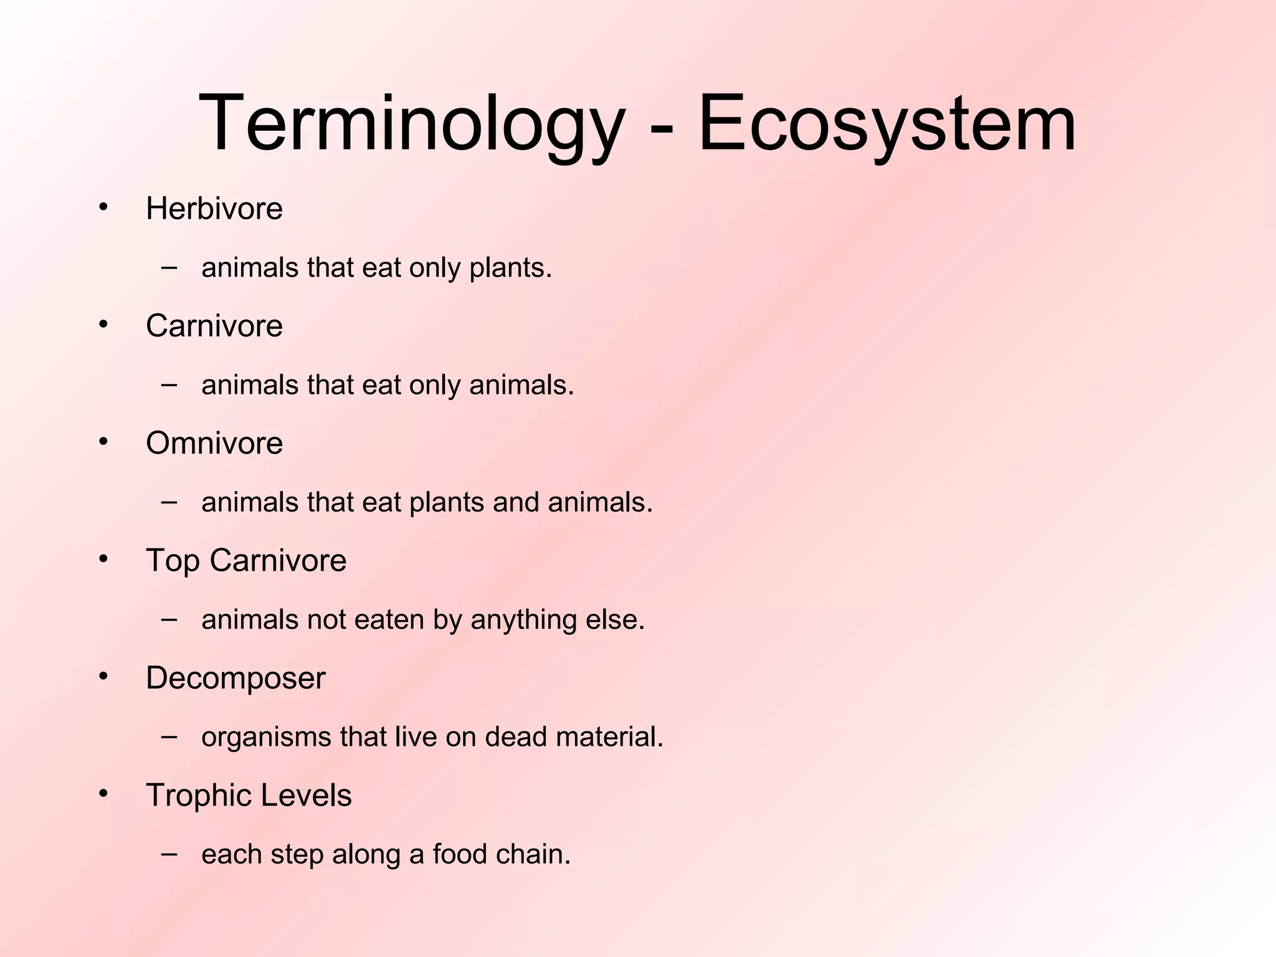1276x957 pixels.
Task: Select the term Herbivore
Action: point(214,208)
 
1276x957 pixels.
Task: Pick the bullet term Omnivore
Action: point(214,443)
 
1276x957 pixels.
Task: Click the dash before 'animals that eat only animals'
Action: point(168,384)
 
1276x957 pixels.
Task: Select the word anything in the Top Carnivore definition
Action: point(523,620)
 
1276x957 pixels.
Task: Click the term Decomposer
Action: point(235,678)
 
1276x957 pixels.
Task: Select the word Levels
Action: point(306,796)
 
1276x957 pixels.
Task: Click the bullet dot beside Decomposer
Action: point(103,676)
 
